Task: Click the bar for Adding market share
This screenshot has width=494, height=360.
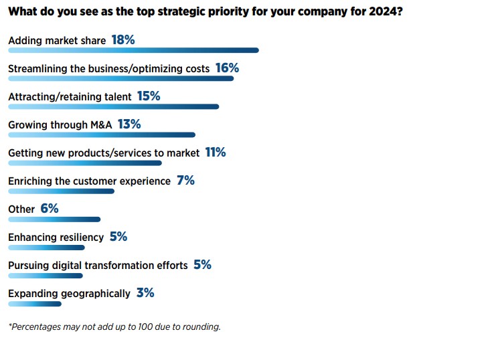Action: (133, 50)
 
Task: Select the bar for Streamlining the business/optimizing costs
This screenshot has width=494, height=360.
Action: (120, 78)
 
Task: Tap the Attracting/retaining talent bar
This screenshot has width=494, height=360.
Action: (113, 106)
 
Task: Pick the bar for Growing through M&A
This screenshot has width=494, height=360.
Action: (101, 134)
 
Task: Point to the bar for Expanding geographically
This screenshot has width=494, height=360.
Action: (34, 303)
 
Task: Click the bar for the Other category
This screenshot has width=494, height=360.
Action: (54, 219)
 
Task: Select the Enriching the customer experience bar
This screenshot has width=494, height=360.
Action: (61, 191)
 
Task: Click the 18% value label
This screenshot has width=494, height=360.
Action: (123, 40)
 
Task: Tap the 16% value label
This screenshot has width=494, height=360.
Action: (227, 68)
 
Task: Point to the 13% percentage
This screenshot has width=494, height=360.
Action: (129, 124)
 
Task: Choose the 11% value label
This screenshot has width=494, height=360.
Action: (216, 153)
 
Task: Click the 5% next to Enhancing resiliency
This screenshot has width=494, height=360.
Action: (118, 237)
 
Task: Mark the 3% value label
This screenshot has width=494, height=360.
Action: (145, 293)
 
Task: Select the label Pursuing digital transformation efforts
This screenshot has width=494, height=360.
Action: (98, 266)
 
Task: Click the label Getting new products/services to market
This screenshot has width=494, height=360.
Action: (104, 153)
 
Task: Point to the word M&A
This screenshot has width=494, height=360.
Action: (100, 125)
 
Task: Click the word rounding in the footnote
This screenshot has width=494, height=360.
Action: (201, 327)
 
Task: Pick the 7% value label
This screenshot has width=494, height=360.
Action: (185, 181)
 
